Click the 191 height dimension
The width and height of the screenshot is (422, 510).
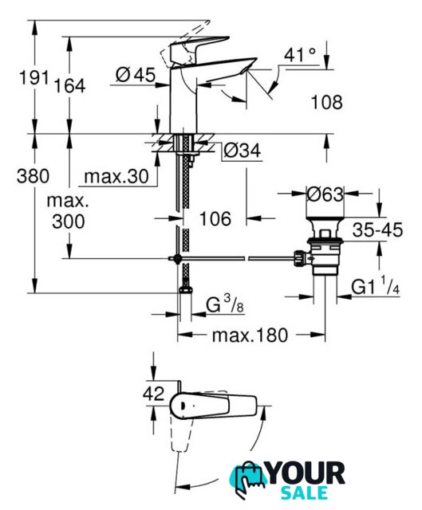pyautogui.click(x=34, y=77)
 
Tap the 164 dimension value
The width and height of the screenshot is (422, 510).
pyautogui.click(x=69, y=86)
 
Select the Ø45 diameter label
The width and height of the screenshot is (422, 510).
pyautogui.click(x=136, y=75)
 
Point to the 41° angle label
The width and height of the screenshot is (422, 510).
pyautogui.click(x=300, y=55)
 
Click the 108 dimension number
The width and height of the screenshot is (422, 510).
pyautogui.click(x=327, y=102)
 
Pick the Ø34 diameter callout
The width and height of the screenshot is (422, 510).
pyautogui.click(x=243, y=151)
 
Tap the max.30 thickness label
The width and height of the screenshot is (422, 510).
pyautogui.click(x=116, y=177)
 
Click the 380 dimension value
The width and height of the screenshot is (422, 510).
pyautogui.click(x=33, y=176)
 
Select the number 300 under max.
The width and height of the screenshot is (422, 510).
pyautogui.click(x=69, y=222)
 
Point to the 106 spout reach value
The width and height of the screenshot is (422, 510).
pyautogui.click(x=215, y=218)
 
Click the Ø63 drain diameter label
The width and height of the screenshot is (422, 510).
pyautogui.click(x=325, y=194)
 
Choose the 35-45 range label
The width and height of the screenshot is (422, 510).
pyautogui.click(x=377, y=230)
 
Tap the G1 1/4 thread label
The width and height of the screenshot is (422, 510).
pyautogui.click(x=376, y=287)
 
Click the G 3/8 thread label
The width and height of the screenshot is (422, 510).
pyautogui.click(x=225, y=305)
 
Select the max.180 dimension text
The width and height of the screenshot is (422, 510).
pyautogui.click(x=250, y=335)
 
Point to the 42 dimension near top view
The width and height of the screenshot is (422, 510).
pyautogui.click(x=154, y=394)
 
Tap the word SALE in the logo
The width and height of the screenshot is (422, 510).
pyautogui.click(x=304, y=492)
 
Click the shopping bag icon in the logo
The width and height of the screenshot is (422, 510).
pyautogui.click(x=249, y=478)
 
